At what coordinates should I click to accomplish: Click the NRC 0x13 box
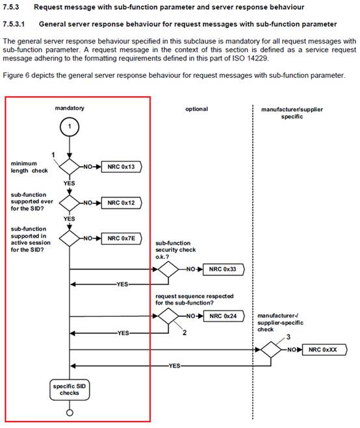coord(122,167)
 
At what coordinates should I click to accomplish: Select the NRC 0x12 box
coord(122,203)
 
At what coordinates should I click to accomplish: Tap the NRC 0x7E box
coord(122,238)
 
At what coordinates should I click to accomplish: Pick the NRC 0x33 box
coord(224,269)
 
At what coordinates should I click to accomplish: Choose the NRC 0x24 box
coord(224,316)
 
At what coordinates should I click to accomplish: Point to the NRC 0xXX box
coord(324,349)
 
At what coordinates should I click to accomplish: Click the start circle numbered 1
coord(70,127)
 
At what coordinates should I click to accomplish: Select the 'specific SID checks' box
coord(70,390)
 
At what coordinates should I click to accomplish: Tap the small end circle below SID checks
coord(70,412)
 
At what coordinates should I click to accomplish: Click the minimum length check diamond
coord(70,166)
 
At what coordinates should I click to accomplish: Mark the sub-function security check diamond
coord(168,269)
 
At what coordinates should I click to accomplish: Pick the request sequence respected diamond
coord(168,316)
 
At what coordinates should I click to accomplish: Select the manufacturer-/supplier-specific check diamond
coord(271,349)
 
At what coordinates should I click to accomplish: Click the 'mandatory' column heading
coord(70,108)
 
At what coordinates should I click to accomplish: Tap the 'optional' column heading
coord(197,109)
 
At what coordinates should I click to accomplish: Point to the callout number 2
coord(185,333)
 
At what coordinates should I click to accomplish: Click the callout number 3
coord(288,337)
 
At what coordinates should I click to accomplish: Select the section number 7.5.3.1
coord(14,24)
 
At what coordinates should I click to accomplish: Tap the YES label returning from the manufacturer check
coord(174,366)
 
